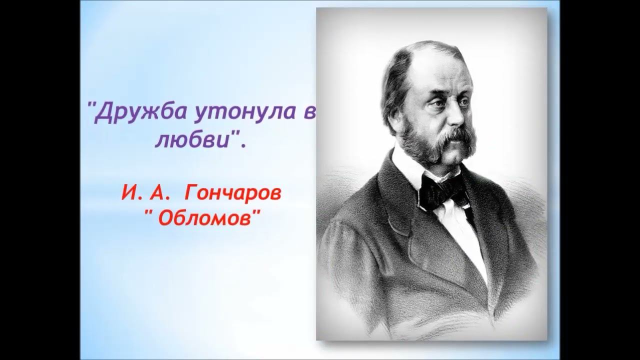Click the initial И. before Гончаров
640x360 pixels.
tap(128, 193)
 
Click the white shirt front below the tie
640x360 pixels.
tap(462, 225)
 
